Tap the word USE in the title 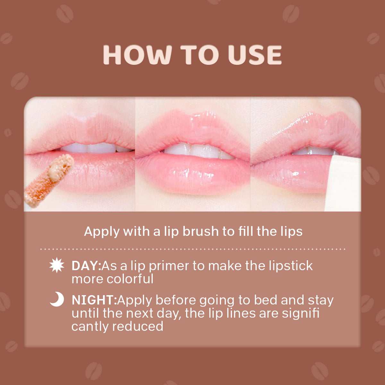coord(255,55)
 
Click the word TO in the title coord(199,55)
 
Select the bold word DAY coord(86,266)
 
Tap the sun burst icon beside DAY coord(57,266)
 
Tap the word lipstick coord(290,266)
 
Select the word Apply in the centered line coord(102,231)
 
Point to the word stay coord(321,300)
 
